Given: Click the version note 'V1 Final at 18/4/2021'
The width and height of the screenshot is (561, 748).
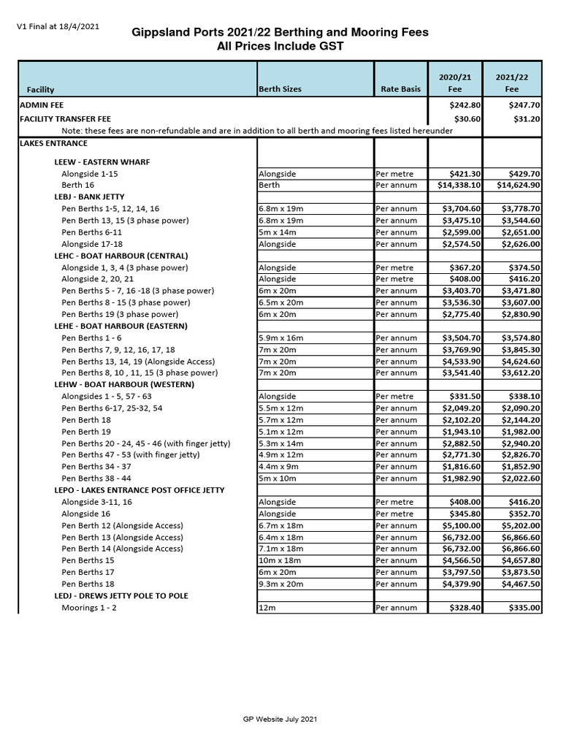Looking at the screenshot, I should click(58, 27).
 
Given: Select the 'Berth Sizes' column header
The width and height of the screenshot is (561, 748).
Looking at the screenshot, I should click(280, 89).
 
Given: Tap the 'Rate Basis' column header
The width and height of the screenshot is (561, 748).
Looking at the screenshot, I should click(400, 89).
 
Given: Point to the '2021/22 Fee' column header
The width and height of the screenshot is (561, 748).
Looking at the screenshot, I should click(512, 83).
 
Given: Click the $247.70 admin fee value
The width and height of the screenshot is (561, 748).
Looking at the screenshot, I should click(525, 105).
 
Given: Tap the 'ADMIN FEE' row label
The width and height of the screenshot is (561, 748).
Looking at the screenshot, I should click(42, 105).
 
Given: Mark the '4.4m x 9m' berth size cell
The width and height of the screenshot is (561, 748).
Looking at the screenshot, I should click(278, 467).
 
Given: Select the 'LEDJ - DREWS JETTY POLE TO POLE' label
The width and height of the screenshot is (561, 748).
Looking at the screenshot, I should click(121, 596).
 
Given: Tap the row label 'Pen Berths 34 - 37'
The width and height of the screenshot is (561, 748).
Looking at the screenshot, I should click(96, 467).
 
